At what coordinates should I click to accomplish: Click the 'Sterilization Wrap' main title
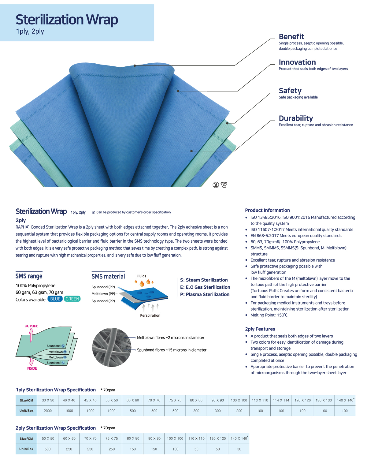[x=67, y=20]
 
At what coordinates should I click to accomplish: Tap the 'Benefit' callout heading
[x=291, y=36]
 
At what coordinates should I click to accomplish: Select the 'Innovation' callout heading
[x=297, y=62]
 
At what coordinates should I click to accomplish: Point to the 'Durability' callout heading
[x=296, y=118]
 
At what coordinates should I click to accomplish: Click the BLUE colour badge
[x=55, y=299]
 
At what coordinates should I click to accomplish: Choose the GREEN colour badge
[x=72, y=299]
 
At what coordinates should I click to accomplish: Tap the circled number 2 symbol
[x=216, y=185]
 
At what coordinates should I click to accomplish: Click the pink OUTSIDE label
[x=31, y=326]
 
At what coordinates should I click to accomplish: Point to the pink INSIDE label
[x=32, y=368]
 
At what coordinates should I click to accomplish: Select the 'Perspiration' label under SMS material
[x=150, y=315]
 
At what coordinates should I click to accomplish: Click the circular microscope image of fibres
[x=112, y=347]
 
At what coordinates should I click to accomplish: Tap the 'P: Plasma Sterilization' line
[x=205, y=294]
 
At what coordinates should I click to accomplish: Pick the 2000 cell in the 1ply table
[x=47, y=411]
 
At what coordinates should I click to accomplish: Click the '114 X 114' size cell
[x=281, y=400]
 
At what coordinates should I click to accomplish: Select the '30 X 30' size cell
[x=48, y=400]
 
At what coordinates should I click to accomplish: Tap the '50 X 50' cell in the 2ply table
[x=48, y=438]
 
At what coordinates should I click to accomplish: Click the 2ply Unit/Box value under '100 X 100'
[x=175, y=449]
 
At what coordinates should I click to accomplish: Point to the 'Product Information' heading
[x=267, y=210]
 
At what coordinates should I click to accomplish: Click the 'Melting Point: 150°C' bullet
[x=269, y=315]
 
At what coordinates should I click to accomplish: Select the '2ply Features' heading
[x=260, y=329]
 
